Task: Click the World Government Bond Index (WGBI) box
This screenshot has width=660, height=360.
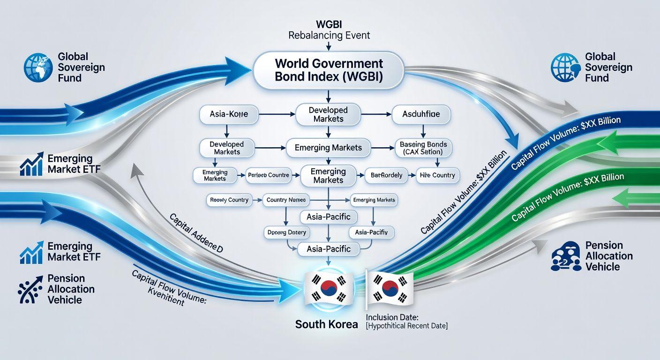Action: pyautogui.click(x=329, y=70)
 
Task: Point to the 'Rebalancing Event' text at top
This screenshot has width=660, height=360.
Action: pyautogui.click(x=329, y=35)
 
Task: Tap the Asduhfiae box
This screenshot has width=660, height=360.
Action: pyautogui.click(x=420, y=114)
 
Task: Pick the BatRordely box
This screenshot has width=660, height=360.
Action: pyautogui.click(x=386, y=175)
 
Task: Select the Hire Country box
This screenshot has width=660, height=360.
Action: pyautogui.click(x=438, y=175)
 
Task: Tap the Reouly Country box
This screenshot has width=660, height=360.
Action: pyautogui.click(x=229, y=200)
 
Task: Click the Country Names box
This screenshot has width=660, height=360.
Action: pyautogui.click(x=286, y=200)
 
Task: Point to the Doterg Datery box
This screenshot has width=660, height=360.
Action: pyautogui.click(x=286, y=232)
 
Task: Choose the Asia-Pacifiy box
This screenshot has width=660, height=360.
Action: pyautogui.click(x=371, y=232)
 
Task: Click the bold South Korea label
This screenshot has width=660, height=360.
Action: pyautogui.click(x=326, y=324)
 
